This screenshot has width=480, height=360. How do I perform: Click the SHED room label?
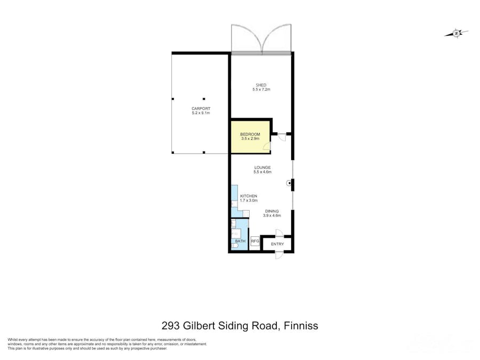tap(261, 85)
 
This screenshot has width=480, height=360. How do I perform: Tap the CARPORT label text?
tap(201, 108)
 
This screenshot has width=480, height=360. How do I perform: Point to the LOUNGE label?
tap(262, 167)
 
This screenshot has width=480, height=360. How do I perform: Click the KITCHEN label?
tap(249, 196)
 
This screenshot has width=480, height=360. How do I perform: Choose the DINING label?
tap(272, 211)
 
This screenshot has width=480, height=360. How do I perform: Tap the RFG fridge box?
tap(254, 241)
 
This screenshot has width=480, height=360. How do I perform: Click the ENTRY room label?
tap(277, 244)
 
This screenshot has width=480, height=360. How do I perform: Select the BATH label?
tap(240, 242)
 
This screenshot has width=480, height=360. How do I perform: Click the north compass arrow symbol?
tap(457, 33)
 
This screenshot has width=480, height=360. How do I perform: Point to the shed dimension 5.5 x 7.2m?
tap(261, 90)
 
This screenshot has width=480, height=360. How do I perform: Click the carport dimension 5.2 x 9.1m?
tap(201, 113)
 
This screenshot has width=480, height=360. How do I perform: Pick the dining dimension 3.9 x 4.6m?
tap(272, 216)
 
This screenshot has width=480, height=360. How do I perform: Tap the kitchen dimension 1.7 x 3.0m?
tap(249, 201)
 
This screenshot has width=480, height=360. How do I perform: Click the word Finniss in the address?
tap(301, 325)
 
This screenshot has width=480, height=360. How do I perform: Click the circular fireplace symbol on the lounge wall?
tap(289, 183)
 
